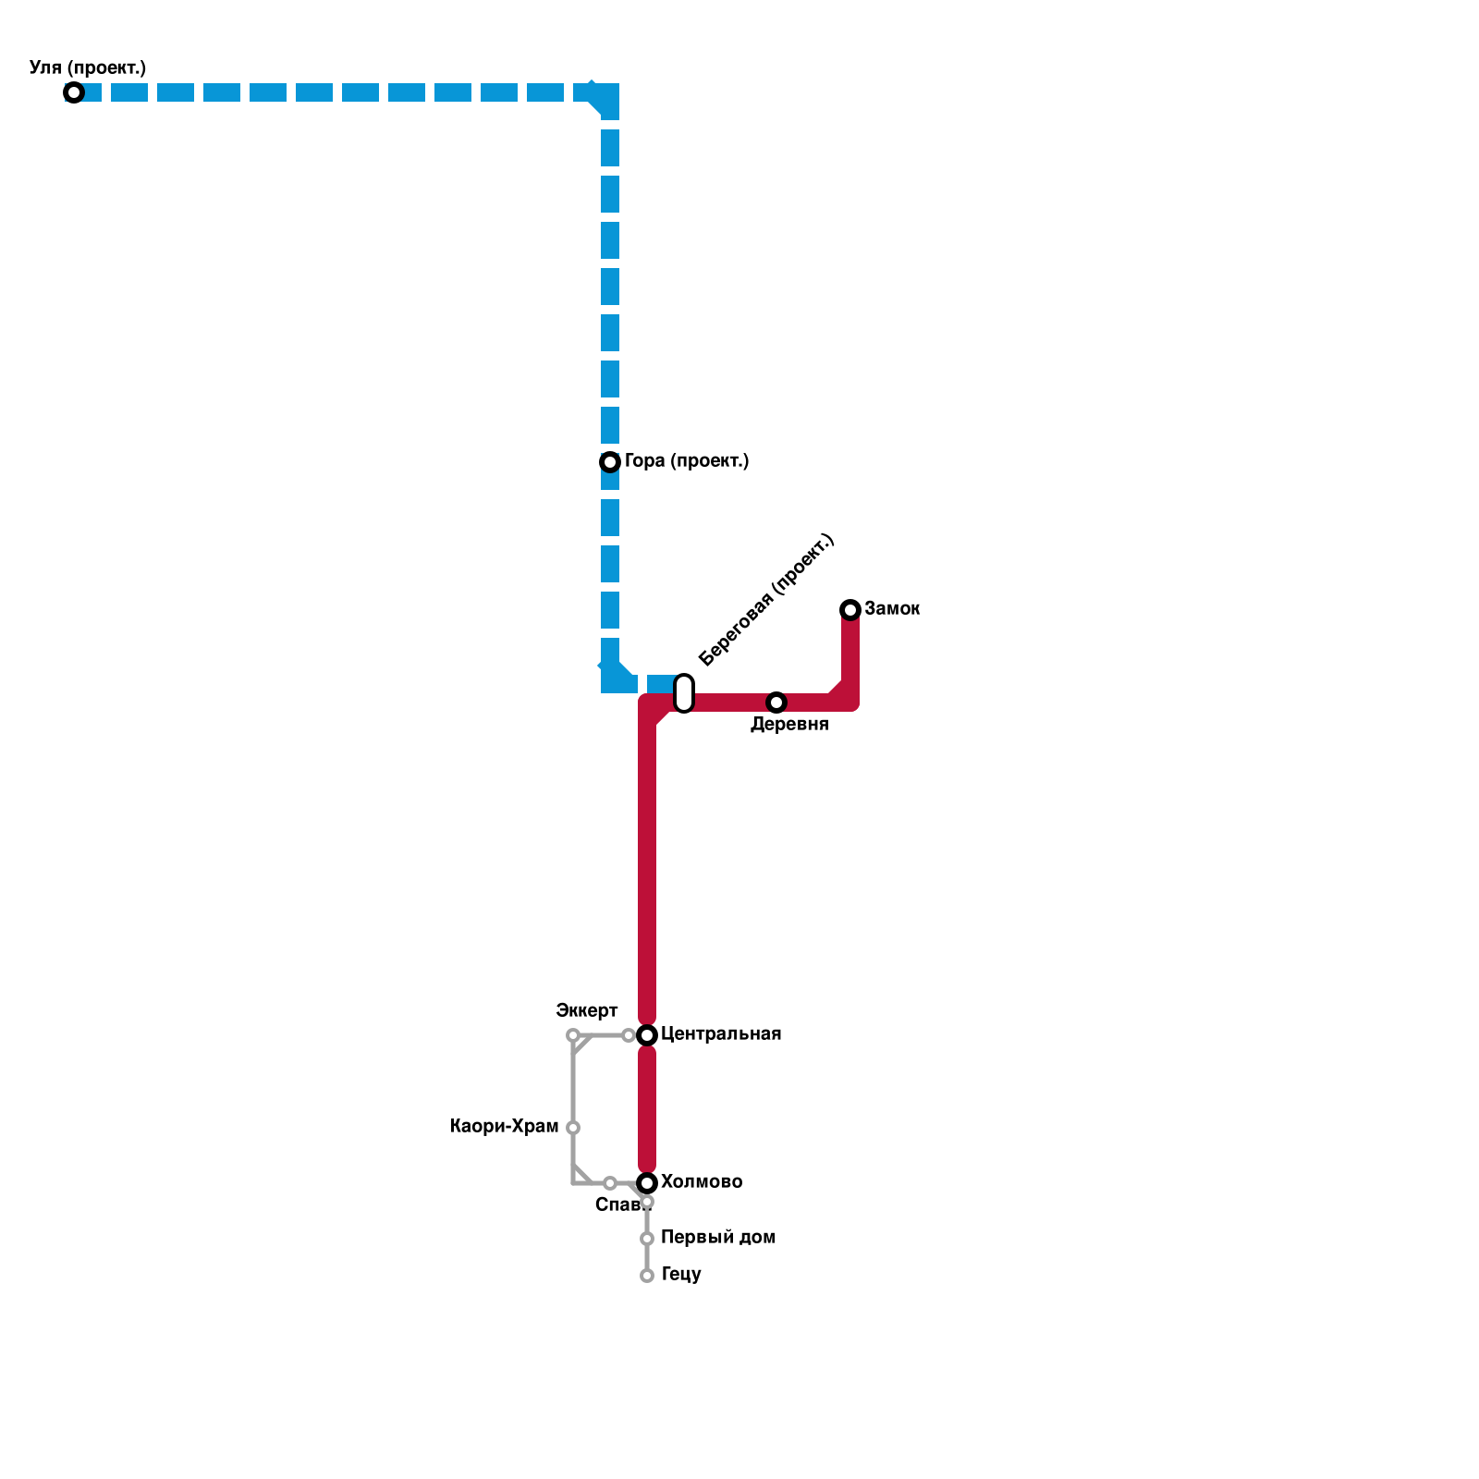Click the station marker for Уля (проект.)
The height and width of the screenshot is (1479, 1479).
tap(74, 92)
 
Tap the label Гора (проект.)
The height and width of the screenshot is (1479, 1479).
tap(686, 460)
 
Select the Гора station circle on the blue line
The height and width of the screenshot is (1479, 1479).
tap(610, 461)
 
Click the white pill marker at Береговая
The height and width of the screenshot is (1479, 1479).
tap(684, 693)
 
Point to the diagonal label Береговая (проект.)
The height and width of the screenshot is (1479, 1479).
tap(766, 600)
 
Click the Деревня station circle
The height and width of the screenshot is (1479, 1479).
tap(776, 703)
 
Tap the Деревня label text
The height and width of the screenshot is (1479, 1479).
tap(789, 725)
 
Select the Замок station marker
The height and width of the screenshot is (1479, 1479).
tap(850, 609)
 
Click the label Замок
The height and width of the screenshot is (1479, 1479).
tap(892, 609)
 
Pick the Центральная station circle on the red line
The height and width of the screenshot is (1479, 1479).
tap(647, 1035)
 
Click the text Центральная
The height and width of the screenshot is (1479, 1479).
tap(721, 1034)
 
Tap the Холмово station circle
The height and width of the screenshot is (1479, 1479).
tap(647, 1183)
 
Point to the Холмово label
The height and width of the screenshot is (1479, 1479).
tap(702, 1182)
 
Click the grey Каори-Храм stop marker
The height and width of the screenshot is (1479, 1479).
tap(573, 1128)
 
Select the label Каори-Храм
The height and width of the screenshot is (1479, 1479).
tap(505, 1127)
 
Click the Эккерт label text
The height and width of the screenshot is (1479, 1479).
tap(587, 1009)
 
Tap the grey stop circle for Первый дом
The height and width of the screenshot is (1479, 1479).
tap(647, 1239)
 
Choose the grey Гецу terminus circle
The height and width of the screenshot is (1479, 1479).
tap(647, 1276)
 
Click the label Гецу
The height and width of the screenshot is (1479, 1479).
tap(681, 1275)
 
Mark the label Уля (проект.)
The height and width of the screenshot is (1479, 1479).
tap(88, 68)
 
